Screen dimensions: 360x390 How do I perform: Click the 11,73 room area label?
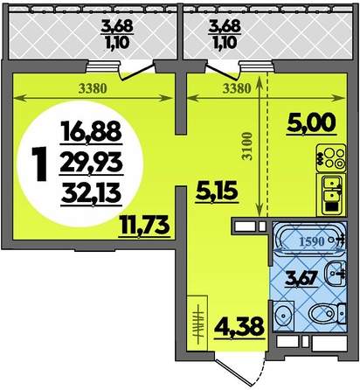pos(143,226)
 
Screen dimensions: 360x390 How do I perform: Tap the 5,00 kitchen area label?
pos(311,124)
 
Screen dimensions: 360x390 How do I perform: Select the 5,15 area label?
pos(217,191)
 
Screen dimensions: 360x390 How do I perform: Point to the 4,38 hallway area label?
pos(239,327)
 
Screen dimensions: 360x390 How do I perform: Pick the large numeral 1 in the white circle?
pos(38,164)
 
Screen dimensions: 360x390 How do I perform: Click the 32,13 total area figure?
pos(91,195)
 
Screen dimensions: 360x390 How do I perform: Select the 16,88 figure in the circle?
pos(91,132)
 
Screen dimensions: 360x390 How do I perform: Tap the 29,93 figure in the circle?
pos(91,164)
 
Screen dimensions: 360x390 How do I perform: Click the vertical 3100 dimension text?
pos(247,147)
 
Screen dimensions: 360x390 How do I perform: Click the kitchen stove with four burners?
pos(331,157)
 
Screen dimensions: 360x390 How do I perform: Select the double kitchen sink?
pos(332,194)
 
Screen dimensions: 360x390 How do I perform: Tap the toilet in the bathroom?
pos(326,315)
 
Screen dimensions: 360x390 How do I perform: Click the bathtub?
pos(310,240)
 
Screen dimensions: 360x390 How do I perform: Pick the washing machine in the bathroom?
pos(284,314)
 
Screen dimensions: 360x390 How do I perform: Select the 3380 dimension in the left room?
pos(93,88)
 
